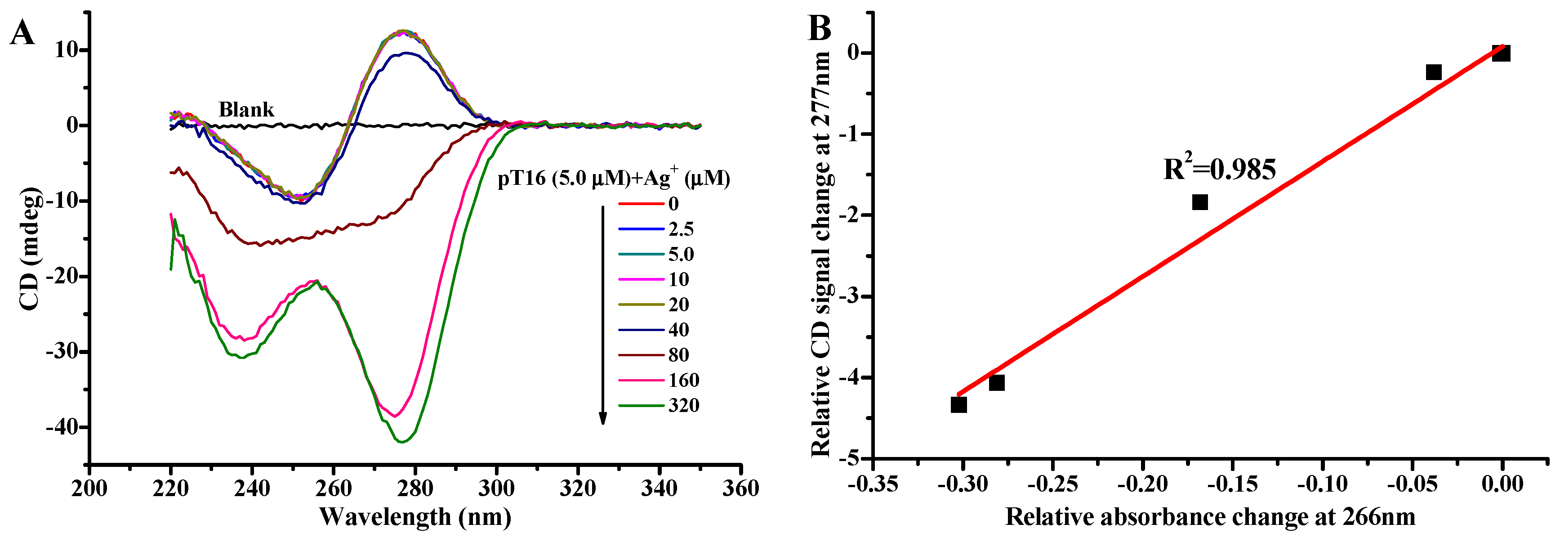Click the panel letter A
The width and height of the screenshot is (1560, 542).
22,33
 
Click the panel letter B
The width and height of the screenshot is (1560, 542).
820,28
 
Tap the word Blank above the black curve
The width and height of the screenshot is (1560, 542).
246,110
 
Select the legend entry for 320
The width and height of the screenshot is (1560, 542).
659,405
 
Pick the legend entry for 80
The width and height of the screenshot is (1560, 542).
654,355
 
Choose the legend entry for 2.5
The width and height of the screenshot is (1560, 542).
656,229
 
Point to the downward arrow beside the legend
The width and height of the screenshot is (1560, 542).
602,315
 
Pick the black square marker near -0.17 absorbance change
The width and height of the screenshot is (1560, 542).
1200,202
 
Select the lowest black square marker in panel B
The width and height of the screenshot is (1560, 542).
958,404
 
